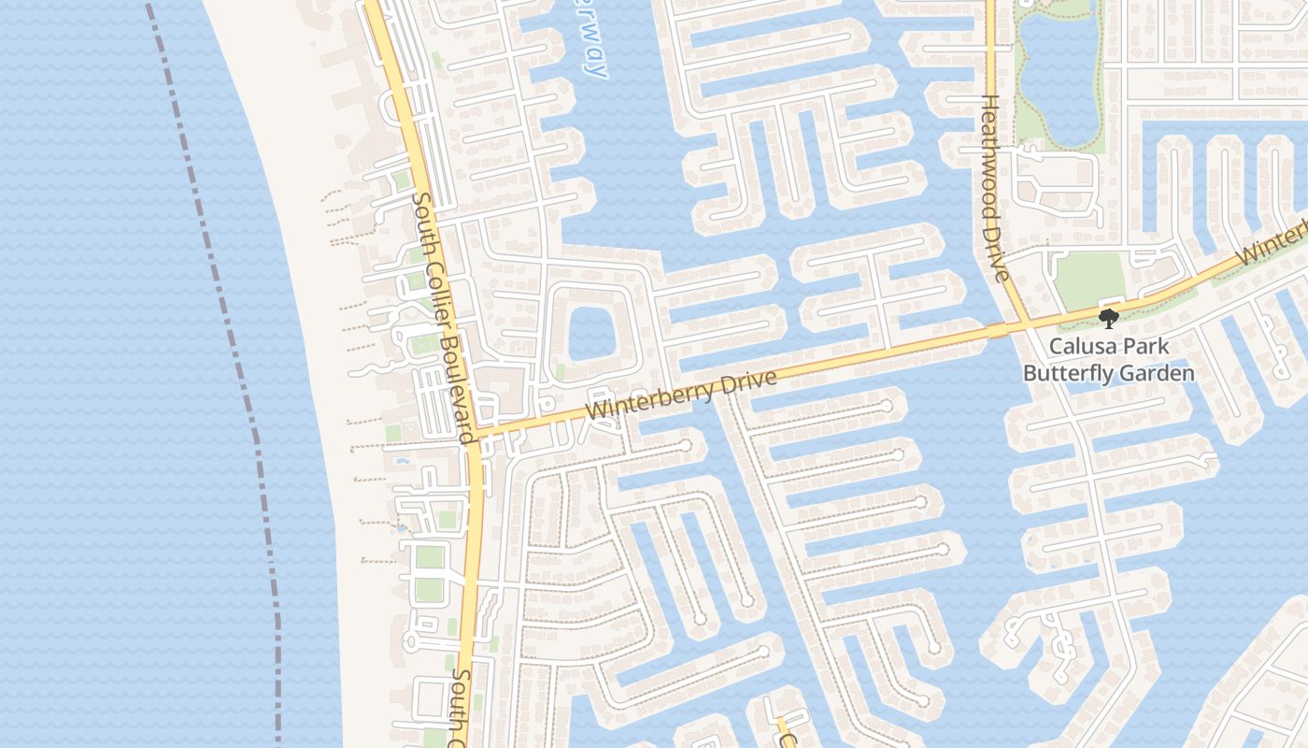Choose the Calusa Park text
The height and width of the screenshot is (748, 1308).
coord(1108,346)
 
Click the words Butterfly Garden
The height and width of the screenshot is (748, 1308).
coord(1108,373)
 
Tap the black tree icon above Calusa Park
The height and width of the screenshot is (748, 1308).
coord(1109,319)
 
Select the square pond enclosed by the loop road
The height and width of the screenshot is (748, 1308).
coord(590,333)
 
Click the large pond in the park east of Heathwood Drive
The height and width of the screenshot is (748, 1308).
coord(1059,79)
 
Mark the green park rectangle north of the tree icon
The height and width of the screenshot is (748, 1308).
coord(1090,280)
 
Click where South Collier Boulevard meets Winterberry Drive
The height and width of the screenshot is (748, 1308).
coord(476,433)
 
